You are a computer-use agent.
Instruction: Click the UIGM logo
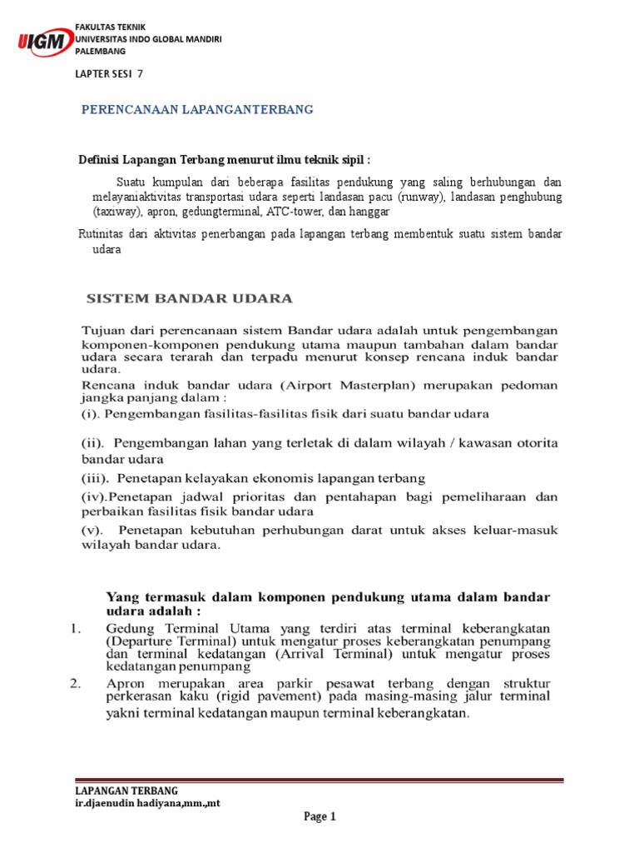pos(43,42)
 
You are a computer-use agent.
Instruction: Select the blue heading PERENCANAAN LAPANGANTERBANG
pos(196,110)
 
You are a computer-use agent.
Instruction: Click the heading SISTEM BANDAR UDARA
pos(191,297)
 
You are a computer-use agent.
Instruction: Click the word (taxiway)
pos(116,212)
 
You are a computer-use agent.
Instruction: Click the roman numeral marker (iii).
pos(95,478)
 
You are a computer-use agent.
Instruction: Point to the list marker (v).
pos(91,530)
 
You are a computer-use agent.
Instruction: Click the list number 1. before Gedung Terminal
pos(75,628)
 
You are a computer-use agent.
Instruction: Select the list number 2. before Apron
pos(75,684)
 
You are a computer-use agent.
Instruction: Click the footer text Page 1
pos(319,817)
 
